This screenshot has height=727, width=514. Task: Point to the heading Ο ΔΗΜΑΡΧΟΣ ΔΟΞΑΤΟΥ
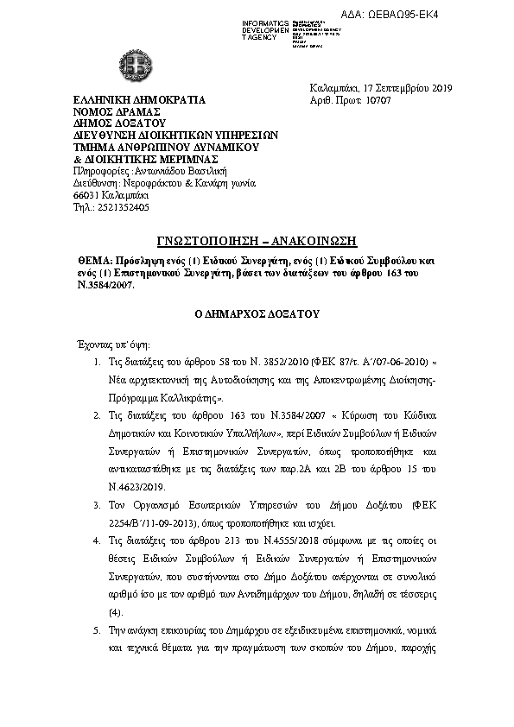tap(257, 318)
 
